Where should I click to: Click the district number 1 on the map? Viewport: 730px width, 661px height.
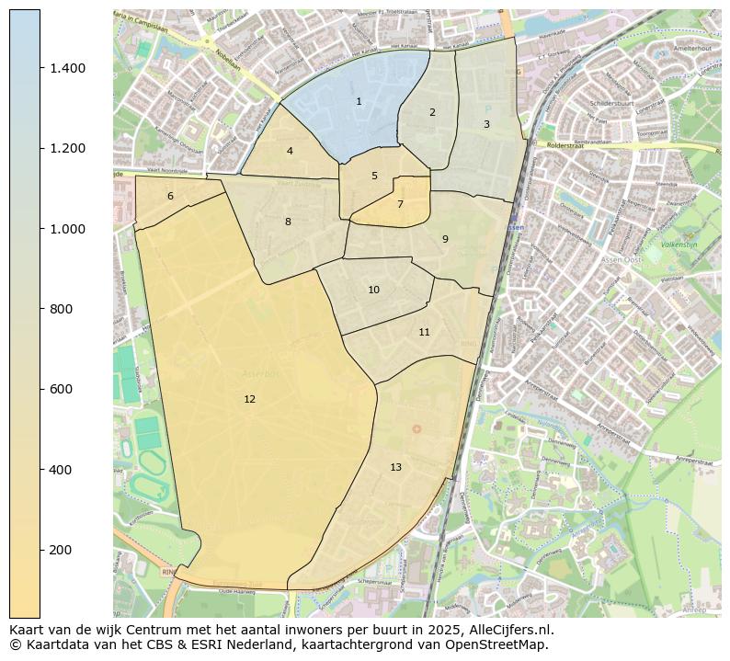pos(359,101)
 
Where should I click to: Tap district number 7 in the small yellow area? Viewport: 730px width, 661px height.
pos(400,204)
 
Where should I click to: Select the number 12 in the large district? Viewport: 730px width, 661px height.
pos(249,399)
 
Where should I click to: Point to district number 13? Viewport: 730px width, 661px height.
pos(395,467)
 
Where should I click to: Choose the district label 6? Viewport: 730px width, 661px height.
pos(170,196)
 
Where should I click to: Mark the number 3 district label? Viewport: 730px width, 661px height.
pos(486,124)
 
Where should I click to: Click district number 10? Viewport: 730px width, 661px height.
pos(373,290)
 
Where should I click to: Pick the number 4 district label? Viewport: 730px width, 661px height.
pos(290,151)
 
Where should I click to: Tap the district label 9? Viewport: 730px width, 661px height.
pos(445,239)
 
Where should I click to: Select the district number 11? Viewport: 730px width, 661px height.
pos(424,332)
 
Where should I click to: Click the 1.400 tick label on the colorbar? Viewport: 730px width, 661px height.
pos(68,68)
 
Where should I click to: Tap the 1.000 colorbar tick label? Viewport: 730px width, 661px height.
pos(68,229)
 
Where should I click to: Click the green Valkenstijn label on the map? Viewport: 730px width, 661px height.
pos(680,245)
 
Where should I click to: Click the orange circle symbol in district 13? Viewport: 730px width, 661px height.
pos(416,428)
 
